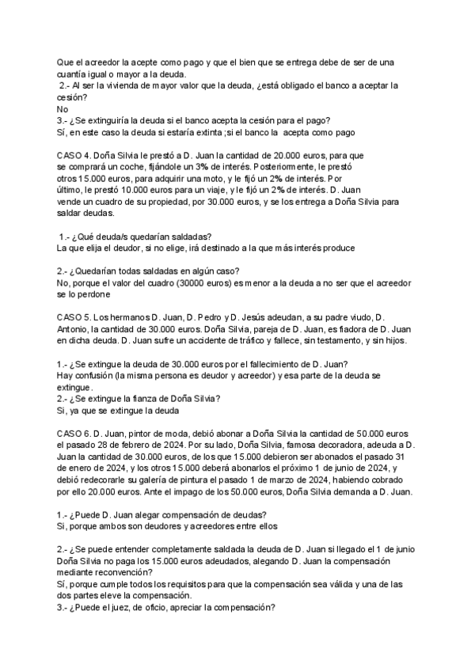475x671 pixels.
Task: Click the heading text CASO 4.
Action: click(76, 156)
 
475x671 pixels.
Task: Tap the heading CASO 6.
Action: click(76, 434)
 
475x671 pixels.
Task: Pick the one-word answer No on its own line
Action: click(63, 108)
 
